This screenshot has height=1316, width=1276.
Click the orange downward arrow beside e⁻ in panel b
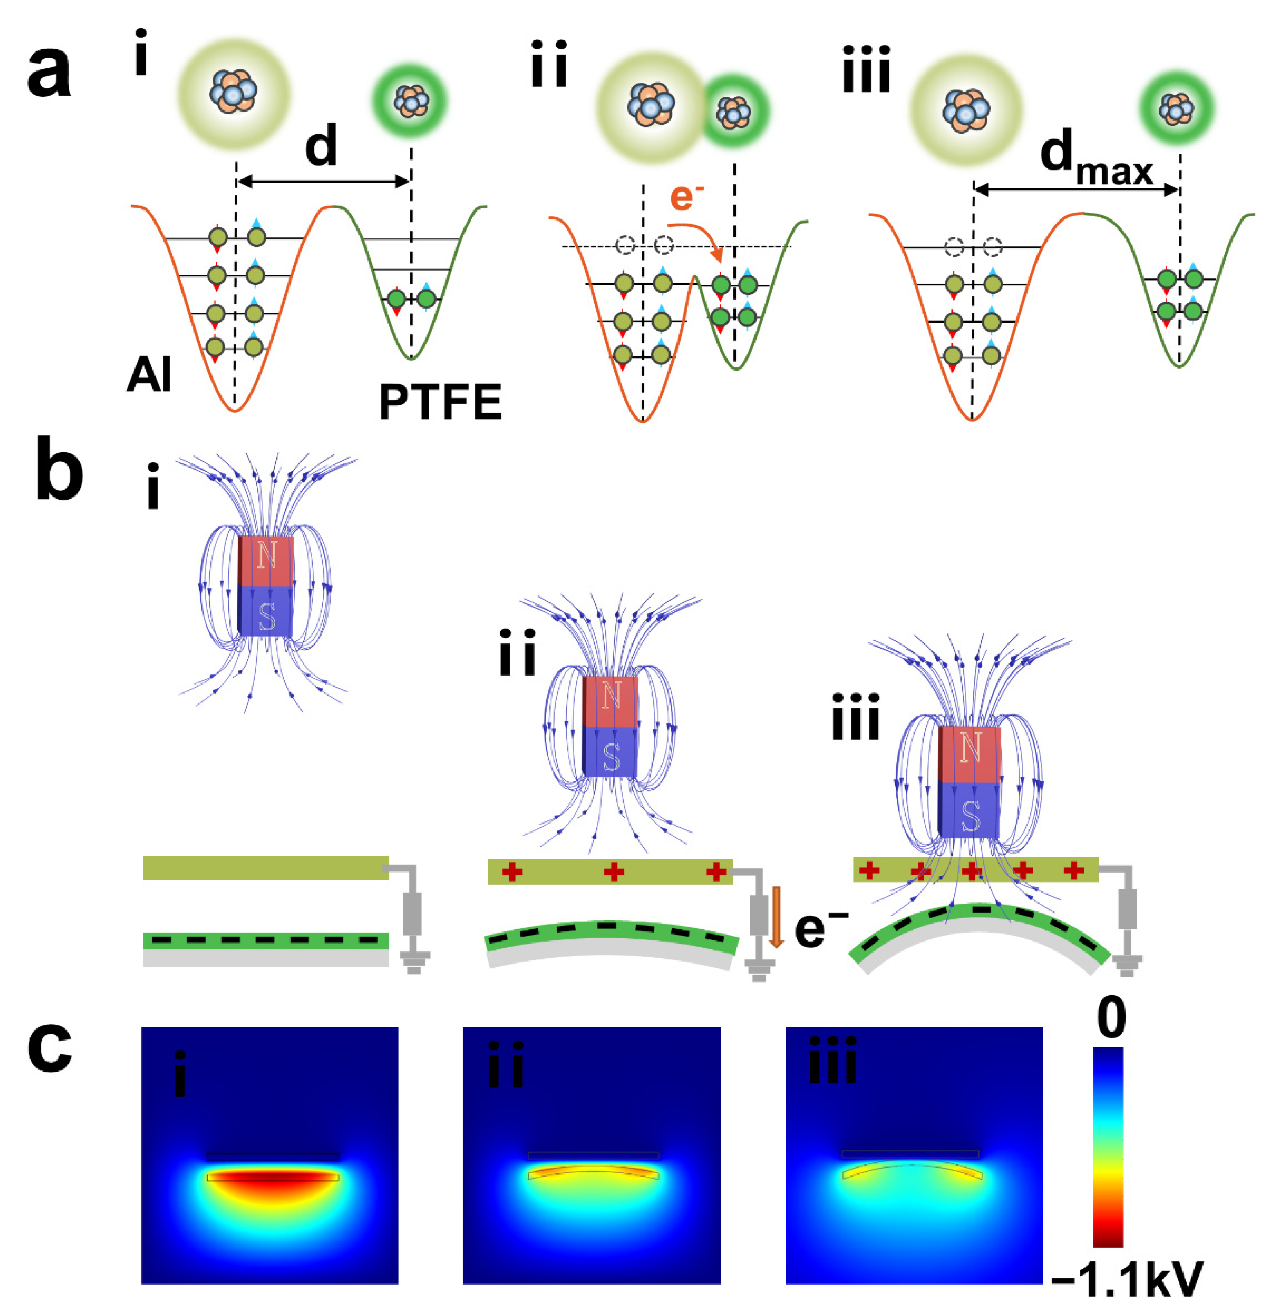point(776,916)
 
